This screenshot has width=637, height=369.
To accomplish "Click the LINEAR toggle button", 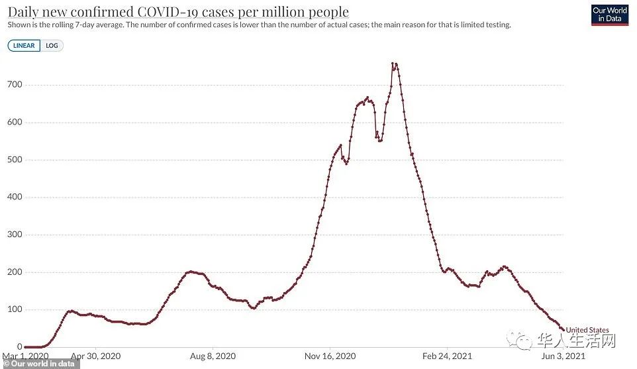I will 24,46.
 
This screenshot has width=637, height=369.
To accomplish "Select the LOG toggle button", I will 52,46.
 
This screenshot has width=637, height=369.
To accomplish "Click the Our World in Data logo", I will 609,15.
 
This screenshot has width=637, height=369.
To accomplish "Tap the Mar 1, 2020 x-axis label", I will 25,356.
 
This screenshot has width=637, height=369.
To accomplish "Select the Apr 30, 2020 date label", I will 97,356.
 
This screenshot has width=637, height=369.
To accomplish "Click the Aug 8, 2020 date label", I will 213,356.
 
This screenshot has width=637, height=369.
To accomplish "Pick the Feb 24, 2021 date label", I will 448,356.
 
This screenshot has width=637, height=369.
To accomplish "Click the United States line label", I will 587,330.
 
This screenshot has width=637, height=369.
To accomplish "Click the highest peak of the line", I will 394,64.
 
